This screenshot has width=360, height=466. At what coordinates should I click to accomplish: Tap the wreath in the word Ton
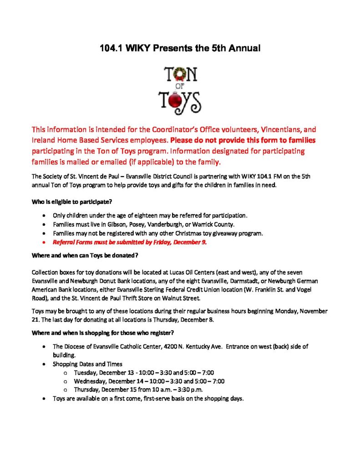pyautogui.click(x=178, y=74)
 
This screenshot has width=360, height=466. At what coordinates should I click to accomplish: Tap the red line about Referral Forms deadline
pyautogui.click(x=130, y=242)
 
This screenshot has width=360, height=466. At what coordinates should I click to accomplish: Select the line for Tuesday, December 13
pyautogui.click(x=144, y=373)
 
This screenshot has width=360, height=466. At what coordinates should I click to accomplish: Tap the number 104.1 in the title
pyautogui.click(x=111, y=48)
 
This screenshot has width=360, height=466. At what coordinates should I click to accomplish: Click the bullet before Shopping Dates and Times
pyautogui.click(x=43, y=365)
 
